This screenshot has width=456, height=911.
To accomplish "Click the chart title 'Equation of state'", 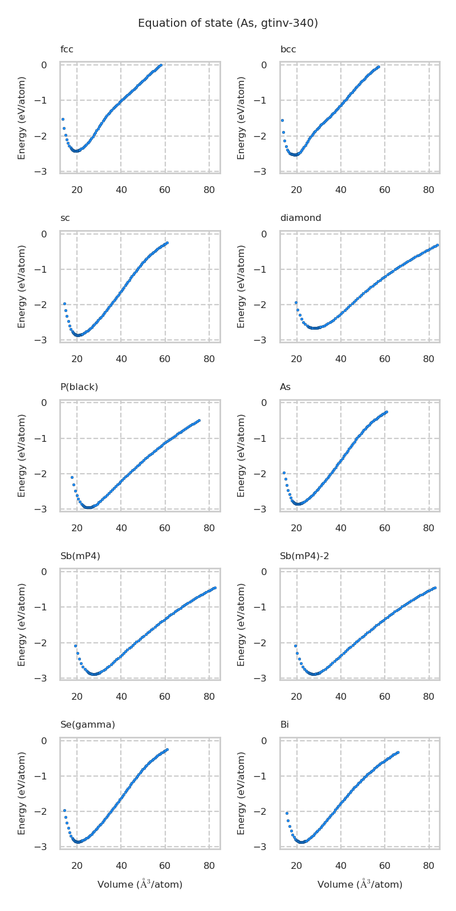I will click(x=228, y=23).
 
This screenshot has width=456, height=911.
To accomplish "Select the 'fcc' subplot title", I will click(x=67, y=50).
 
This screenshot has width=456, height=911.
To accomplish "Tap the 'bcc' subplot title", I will click(x=288, y=50).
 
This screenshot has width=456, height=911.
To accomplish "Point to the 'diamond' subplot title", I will click(x=300, y=218).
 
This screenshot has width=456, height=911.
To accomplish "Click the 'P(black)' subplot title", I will click(x=79, y=387).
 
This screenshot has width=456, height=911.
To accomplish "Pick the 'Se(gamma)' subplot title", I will click(x=88, y=725).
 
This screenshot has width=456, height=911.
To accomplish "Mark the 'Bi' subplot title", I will click(x=284, y=725).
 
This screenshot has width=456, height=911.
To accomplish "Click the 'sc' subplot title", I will click(x=65, y=218).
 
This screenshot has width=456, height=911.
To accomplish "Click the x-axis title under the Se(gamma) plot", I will click(x=140, y=884).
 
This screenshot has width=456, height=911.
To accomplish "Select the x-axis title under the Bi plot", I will click(x=360, y=884).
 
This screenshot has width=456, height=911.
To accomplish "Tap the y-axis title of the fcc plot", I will click(x=22, y=118).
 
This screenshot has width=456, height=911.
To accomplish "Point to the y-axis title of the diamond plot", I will click(x=241, y=286).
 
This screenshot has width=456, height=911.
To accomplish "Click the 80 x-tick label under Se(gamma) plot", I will click(x=209, y=866).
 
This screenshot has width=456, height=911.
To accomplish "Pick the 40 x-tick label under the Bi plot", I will click(x=341, y=866).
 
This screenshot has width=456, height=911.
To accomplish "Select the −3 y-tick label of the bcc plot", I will click(x=264, y=171).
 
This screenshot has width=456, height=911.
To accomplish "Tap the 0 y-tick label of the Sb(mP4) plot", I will click(x=44, y=572).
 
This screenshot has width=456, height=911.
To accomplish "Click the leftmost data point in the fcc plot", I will click(x=63, y=119).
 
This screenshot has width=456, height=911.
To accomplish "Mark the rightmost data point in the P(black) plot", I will click(x=199, y=420).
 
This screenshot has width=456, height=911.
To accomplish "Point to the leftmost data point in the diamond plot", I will click(x=296, y=302).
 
